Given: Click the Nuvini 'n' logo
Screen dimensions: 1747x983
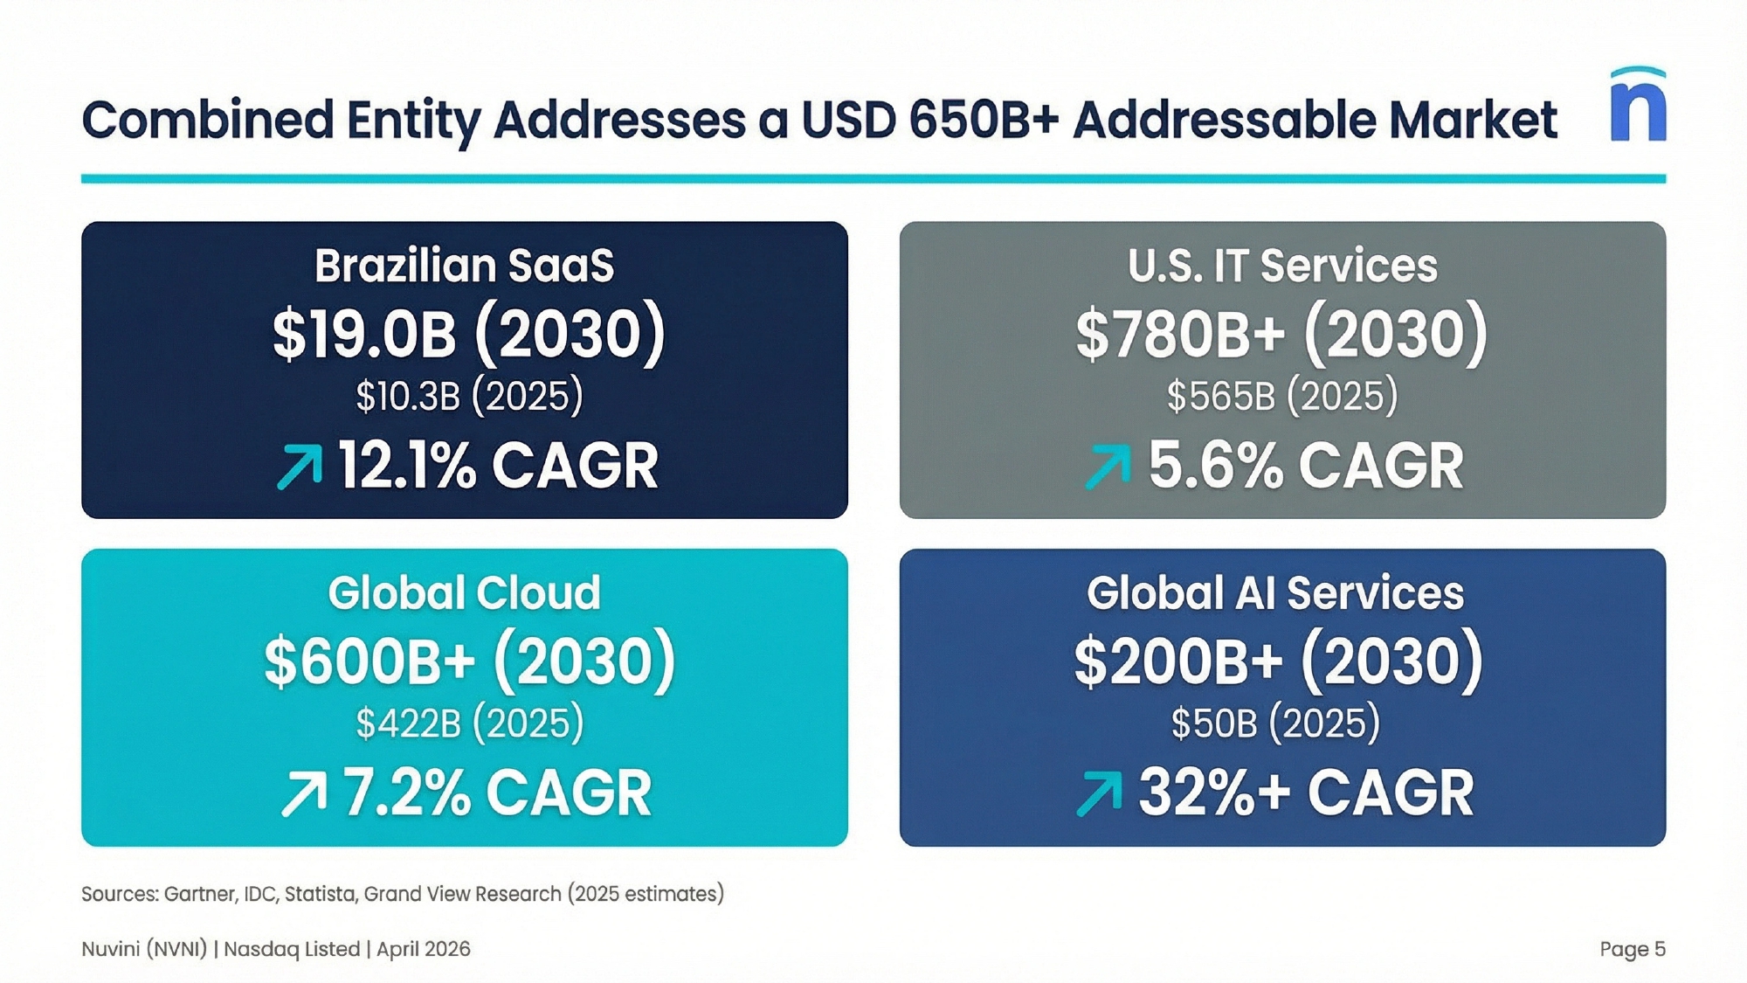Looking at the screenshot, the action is point(1638,105).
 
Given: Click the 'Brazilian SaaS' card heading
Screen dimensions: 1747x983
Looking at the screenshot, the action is point(465,266).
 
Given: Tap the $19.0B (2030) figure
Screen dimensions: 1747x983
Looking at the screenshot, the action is point(469,333).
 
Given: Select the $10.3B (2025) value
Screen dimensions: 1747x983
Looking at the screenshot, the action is point(469,396).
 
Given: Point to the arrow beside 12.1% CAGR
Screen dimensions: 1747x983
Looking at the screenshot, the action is point(300,466).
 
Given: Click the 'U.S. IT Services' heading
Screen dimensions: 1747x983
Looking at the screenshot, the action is point(1282,266).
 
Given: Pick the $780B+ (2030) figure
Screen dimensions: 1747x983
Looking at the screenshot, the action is point(1281,333).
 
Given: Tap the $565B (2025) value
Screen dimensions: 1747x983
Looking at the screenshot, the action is point(1282,396).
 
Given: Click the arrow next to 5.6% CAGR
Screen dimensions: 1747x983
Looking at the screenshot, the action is point(1108,466).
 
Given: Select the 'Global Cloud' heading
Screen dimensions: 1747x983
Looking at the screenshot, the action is point(465,593).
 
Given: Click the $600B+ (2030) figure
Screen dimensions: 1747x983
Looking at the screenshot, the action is point(470,661).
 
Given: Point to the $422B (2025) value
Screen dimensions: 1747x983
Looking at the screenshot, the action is point(469,723).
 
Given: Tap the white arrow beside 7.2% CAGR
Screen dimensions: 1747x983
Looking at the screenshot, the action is point(304,793).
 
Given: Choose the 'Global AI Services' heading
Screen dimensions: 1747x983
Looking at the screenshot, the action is point(1275,593).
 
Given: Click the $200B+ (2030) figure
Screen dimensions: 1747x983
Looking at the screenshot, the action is point(1279,661).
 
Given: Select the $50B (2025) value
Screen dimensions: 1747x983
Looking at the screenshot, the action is point(1275,723).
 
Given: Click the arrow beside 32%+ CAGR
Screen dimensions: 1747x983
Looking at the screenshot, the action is point(1099,793).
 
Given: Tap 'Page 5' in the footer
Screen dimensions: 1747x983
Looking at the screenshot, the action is point(1633,949).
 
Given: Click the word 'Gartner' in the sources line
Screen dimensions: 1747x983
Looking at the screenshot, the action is point(200,894).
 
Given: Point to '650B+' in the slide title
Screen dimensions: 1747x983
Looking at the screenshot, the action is point(984,119).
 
